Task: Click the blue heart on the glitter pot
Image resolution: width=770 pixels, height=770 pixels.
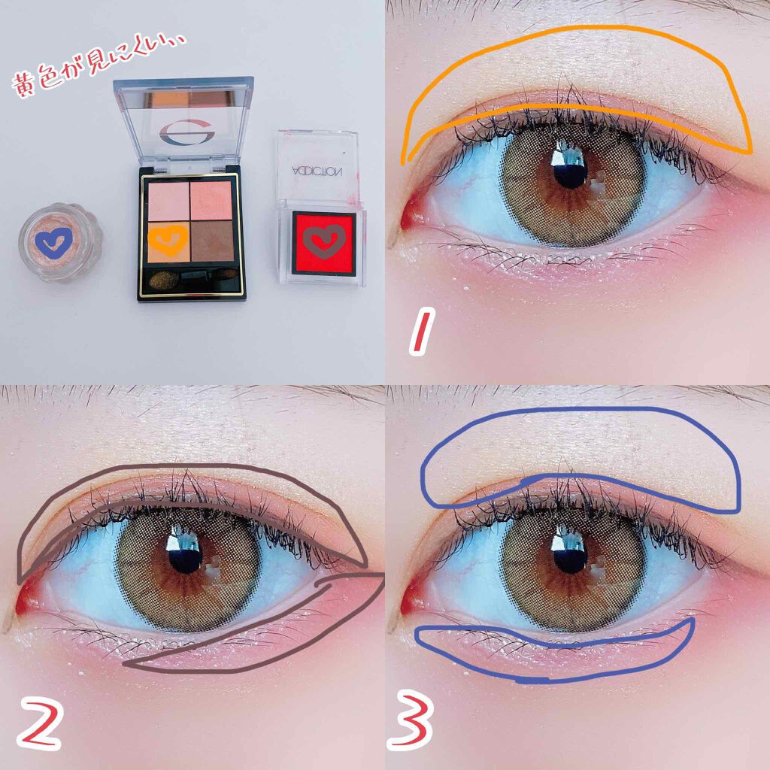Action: (53, 241)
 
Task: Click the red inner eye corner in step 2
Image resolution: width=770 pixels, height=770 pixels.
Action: (26, 594)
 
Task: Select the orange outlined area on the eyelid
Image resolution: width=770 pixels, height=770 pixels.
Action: (579, 75)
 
